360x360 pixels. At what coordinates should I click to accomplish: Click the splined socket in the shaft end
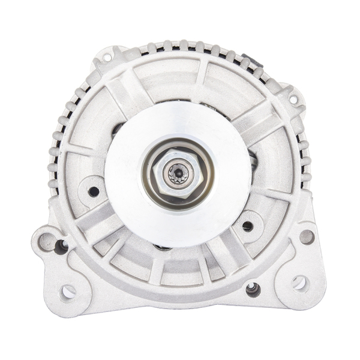coord(179,175)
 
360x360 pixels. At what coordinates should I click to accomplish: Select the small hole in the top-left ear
coord(107,58)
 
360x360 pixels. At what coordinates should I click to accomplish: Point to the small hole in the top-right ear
coord(293,99)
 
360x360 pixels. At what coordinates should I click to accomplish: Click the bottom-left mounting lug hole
coord(68,292)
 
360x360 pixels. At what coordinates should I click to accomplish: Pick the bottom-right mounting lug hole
coord(298,283)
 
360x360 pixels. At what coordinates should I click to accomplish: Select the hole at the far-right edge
coord(307,236)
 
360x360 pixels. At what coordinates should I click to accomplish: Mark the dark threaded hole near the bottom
coord(253,289)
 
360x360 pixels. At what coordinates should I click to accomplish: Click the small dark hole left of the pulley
coord(93,191)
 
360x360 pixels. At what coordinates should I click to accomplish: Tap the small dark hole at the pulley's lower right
coord(247,226)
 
